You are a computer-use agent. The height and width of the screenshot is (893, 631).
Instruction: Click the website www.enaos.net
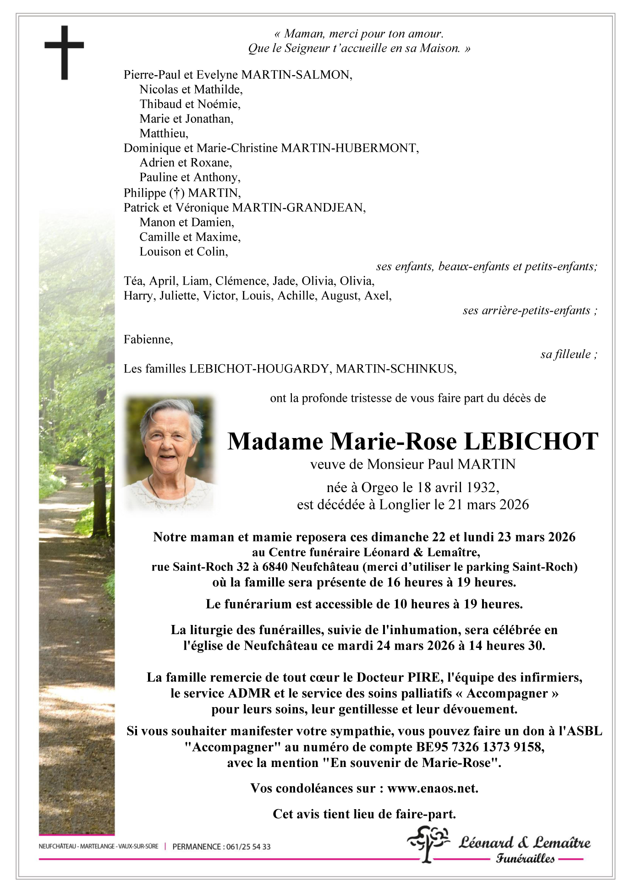point(433,788)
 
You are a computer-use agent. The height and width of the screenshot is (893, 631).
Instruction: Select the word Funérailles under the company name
point(525,859)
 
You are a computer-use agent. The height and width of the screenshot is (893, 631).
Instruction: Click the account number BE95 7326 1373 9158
point(479,747)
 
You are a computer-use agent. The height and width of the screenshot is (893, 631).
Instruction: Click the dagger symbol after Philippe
point(174,193)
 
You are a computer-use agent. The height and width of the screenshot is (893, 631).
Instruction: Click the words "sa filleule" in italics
point(568,354)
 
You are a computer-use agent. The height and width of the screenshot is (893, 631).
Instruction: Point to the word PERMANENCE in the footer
point(195,847)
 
